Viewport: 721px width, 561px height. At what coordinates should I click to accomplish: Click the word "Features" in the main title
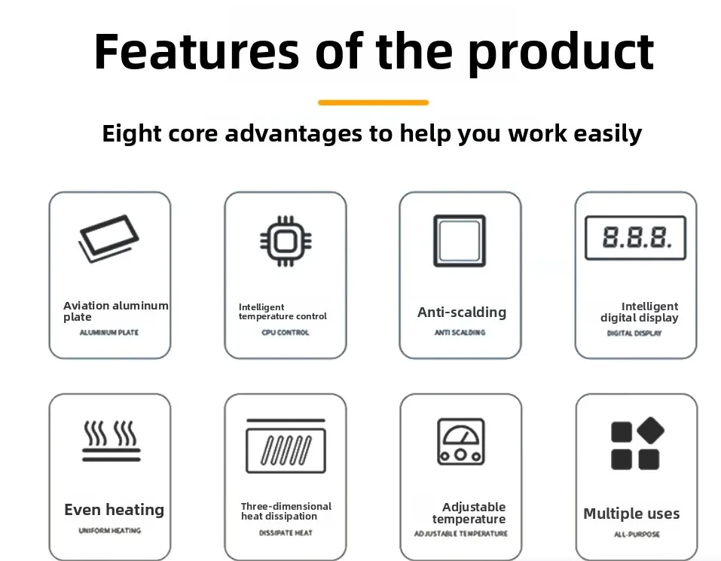point(197,51)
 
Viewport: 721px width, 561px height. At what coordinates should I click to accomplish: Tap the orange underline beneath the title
point(373,102)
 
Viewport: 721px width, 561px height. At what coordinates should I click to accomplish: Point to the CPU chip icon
point(286,241)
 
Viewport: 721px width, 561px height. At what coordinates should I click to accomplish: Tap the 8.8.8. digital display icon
point(635,237)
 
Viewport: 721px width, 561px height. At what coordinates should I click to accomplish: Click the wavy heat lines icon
point(112,441)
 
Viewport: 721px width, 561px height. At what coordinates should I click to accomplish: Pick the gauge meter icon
point(461,441)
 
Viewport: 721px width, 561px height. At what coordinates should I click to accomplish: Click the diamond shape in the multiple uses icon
point(651,430)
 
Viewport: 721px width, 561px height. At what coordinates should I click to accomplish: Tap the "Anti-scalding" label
point(462,313)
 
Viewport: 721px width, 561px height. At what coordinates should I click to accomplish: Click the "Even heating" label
point(114,510)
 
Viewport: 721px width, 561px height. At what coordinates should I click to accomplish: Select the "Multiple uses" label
point(631,514)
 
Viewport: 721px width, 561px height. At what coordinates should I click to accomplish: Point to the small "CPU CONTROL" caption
point(285,332)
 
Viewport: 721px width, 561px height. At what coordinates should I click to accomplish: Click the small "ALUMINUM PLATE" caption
point(109,332)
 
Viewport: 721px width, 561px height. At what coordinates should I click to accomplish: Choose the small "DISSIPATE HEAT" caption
point(286,533)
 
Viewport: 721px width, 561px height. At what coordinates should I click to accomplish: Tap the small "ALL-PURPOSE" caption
point(637,535)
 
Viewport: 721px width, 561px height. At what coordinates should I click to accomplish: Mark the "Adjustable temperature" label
point(469,514)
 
